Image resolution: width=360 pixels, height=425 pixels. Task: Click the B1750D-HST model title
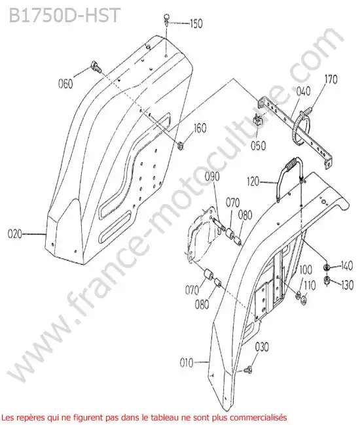tap(64, 16)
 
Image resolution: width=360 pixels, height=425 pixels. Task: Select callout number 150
tap(196, 24)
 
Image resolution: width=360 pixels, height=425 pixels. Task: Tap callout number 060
tap(65, 83)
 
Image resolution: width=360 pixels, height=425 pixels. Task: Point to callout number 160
tap(200, 128)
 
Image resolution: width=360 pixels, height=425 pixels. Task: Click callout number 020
tap(14, 233)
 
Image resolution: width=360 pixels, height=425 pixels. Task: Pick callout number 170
tap(331, 80)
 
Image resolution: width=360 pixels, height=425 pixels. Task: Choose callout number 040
tap(303, 91)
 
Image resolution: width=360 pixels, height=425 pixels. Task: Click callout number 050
tap(258, 146)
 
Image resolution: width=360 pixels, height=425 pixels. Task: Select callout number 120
tap(253, 181)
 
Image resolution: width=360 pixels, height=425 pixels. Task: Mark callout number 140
tap(346, 266)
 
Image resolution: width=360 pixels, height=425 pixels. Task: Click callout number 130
tap(347, 285)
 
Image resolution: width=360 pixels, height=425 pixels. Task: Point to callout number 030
tap(262, 347)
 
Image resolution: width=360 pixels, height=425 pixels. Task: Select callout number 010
tap(187, 362)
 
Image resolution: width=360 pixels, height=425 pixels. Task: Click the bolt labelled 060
tap(96, 67)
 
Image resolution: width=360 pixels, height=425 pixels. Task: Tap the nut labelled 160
tap(179, 146)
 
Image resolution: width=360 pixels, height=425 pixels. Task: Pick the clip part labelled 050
tap(259, 120)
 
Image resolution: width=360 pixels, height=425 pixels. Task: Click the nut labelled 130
tap(327, 280)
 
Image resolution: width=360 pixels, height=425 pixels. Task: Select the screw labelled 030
tap(248, 369)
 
